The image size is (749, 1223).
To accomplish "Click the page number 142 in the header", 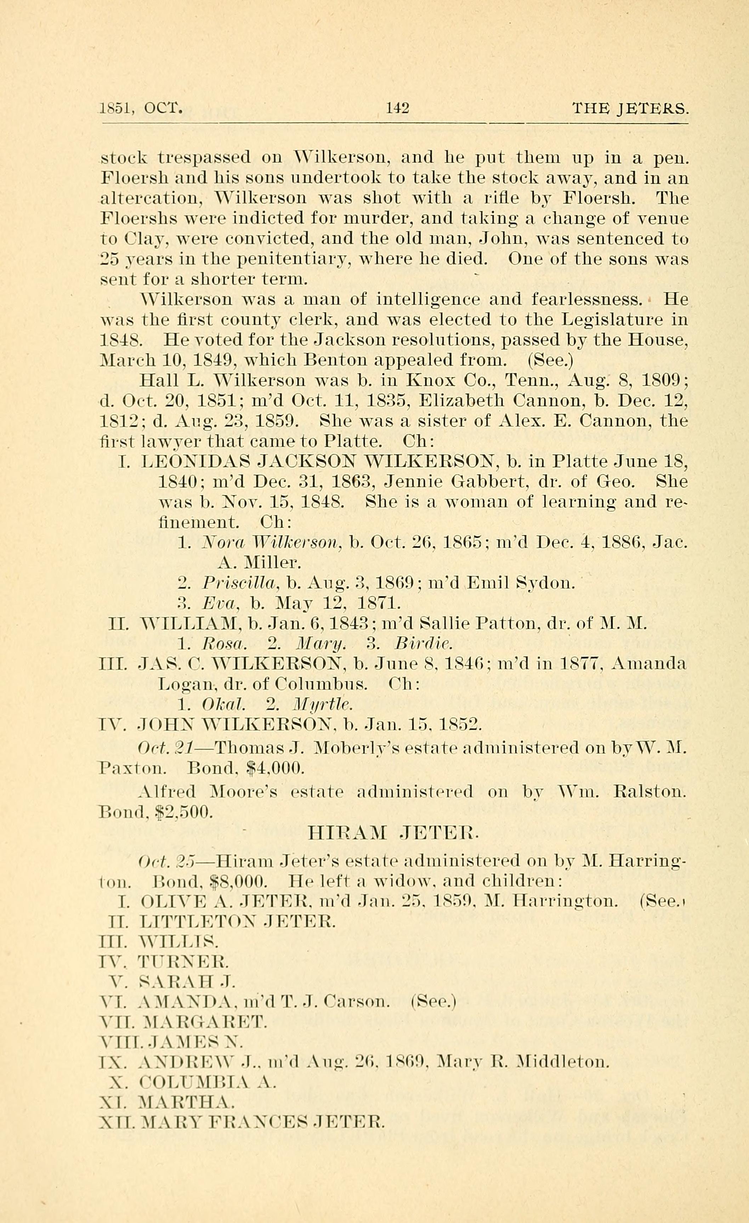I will (x=397, y=108).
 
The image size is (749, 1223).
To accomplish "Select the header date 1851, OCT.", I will (x=142, y=108).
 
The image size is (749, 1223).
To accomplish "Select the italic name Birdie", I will (x=422, y=644).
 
